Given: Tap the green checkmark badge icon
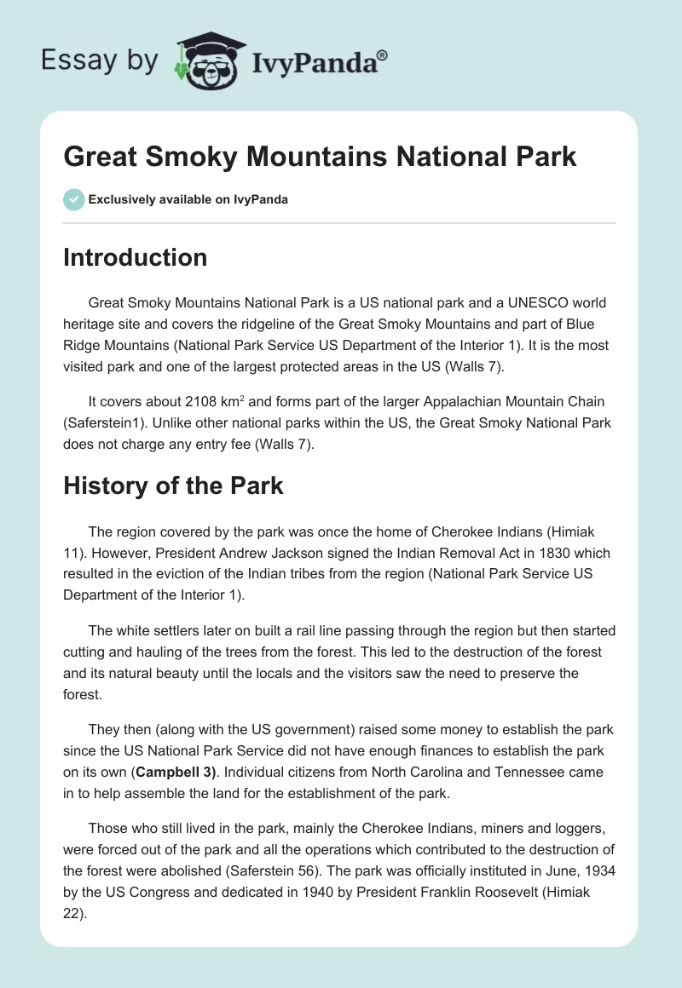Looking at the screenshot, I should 73,199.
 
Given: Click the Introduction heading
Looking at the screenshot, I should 135,257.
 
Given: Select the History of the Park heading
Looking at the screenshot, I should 173,485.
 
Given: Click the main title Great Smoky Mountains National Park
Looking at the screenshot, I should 320,157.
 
